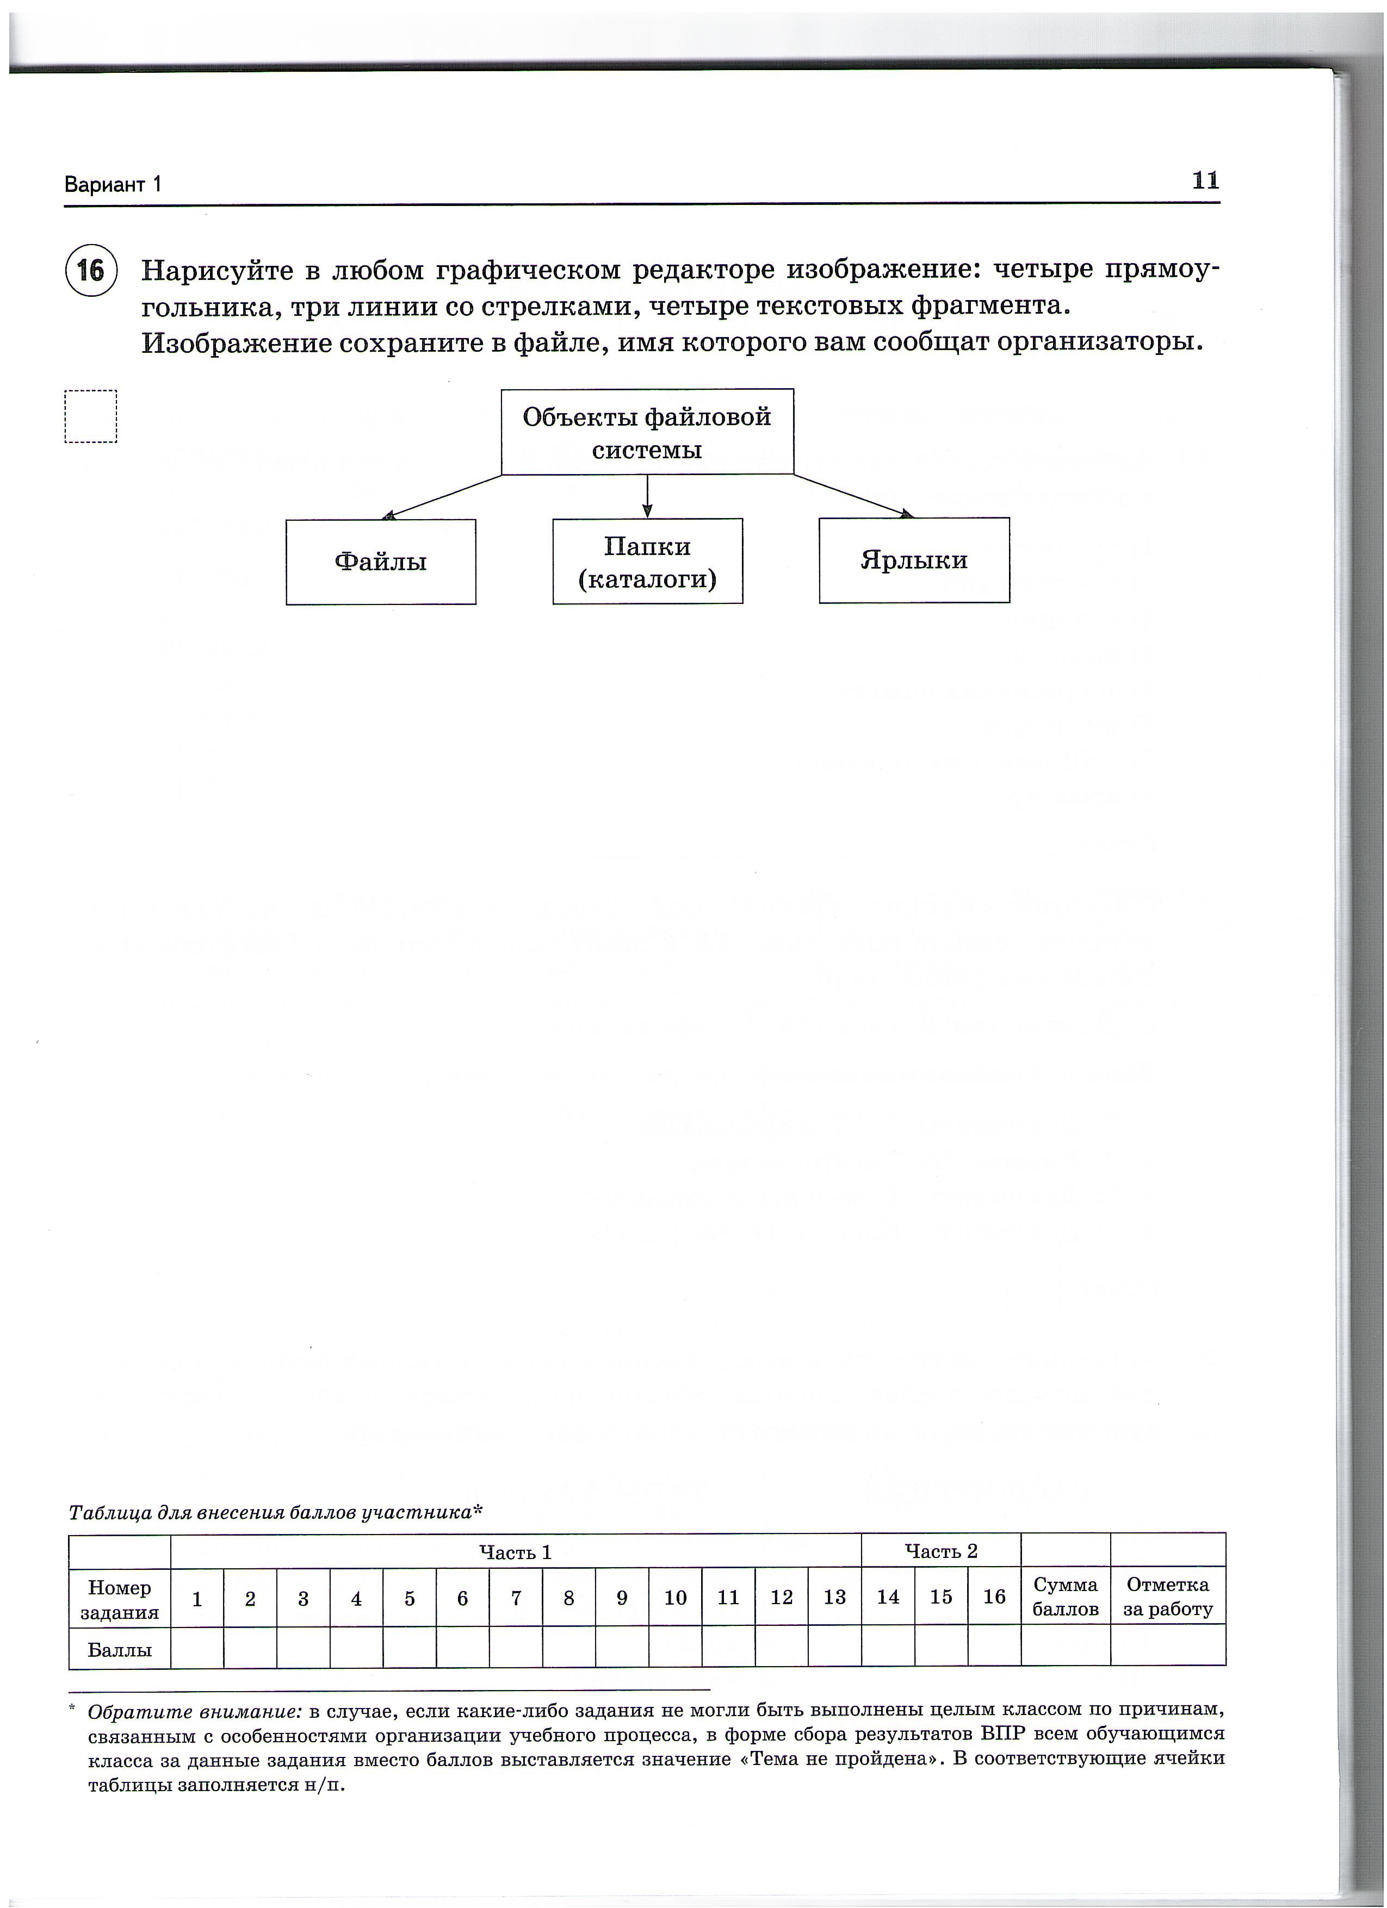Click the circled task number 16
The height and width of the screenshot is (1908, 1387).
[x=91, y=271]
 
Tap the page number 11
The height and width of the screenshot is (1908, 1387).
[x=1205, y=181]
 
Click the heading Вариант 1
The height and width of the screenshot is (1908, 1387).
[x=113, y=185]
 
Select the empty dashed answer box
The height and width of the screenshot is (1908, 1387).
[x=91, y=416]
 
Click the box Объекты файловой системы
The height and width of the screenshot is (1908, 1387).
[x=647, y=432]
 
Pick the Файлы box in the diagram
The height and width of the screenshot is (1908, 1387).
[x=380, y=562]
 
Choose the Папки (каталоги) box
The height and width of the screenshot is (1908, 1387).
[x=647, y=562]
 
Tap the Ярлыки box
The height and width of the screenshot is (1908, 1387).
[x=914, y=560]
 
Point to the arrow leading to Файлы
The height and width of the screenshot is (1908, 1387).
[x=442, y=496]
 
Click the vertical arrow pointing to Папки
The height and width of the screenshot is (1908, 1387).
[x=647, y=496]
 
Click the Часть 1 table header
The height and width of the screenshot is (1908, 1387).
[x=515, y=1552]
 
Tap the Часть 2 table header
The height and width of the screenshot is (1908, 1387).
[x=941, y=1551]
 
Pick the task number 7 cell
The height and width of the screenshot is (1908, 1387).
[x=516, y=1598]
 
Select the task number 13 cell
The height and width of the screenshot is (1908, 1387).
[x=834, y=1598]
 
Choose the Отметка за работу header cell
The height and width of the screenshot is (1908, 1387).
[x=1167, y=1597]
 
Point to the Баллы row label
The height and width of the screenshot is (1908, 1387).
[x=120, y=1650]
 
